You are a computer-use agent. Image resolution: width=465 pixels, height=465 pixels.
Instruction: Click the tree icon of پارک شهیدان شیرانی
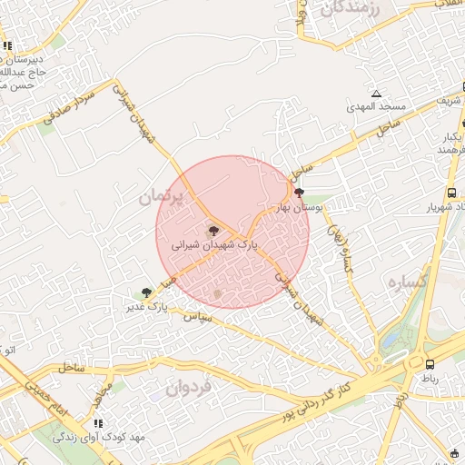point(213,232)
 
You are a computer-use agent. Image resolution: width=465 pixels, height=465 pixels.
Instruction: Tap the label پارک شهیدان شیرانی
point(215,245)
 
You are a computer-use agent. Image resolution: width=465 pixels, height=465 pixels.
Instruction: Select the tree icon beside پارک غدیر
point(146,292)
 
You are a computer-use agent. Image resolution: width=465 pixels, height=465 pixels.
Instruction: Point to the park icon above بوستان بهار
point(299,193)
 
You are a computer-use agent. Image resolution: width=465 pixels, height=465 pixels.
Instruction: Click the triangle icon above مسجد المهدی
point(376,94)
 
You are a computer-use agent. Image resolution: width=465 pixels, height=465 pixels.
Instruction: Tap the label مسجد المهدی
point(374,107)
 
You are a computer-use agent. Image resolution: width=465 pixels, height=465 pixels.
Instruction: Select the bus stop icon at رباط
point(429,364)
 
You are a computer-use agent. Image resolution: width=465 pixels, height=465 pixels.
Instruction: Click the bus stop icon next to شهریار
point(451,193)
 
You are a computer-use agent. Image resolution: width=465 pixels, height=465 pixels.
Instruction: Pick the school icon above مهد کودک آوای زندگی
point(99,423)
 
